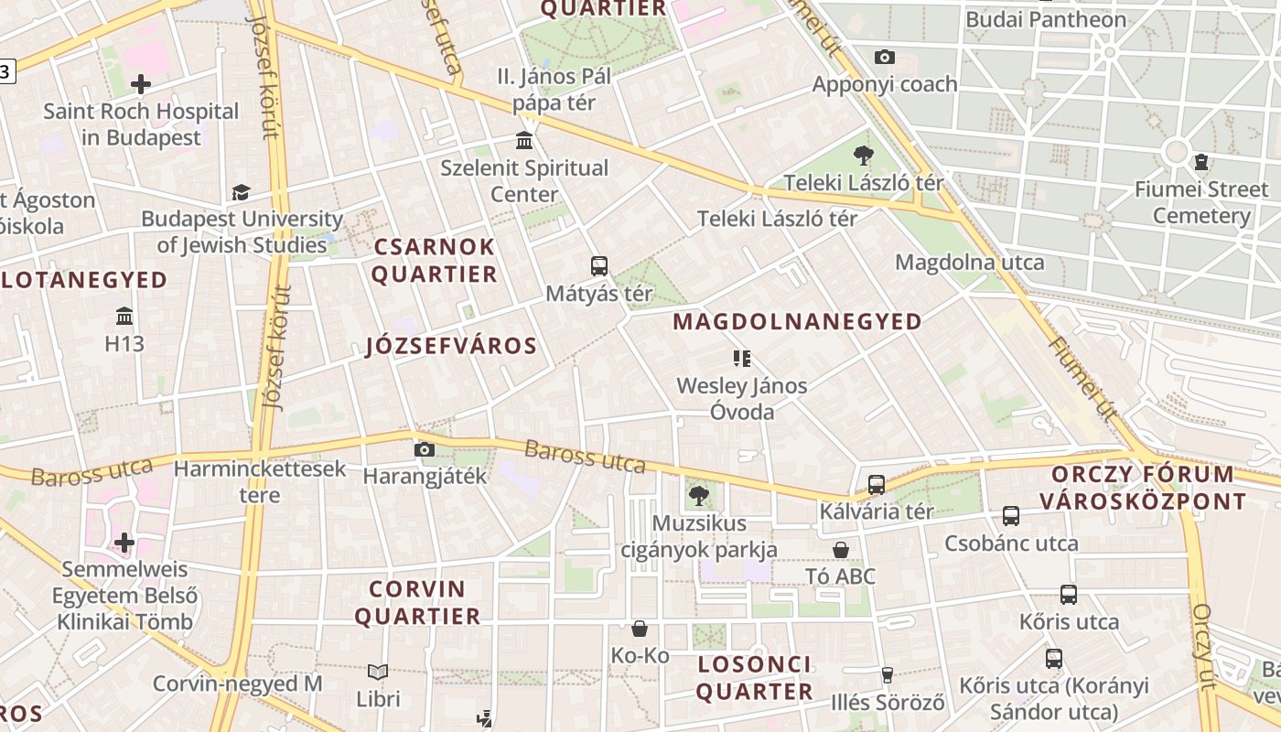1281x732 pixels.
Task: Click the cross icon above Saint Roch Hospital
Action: (x=141, y=84)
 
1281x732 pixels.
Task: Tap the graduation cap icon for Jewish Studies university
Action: (x=241, y=192)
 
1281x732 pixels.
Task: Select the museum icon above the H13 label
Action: (x=124, y=317)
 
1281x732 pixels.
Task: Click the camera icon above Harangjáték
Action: (x=424, y=449)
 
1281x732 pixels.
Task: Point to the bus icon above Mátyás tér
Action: (x=599, y=266)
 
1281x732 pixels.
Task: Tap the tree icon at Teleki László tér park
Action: (x=863, y=155)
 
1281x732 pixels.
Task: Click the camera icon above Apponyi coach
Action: (x=884, y=57)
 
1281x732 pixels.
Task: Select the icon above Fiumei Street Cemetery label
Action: (x=1200, y=163)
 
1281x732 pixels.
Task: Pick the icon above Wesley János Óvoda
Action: (x=741, y=358)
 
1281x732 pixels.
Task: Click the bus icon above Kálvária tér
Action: (x=877, y=485)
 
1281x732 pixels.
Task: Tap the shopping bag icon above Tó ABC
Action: (x=841, y=550)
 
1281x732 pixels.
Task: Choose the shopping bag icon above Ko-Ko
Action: (x=640, y=629)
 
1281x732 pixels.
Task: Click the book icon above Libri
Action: (x=378, y=673)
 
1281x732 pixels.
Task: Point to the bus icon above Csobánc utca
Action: (x=1011, y=516)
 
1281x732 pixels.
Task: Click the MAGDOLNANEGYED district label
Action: (x=797, y=321)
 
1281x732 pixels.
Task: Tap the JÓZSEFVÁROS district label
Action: (x=451, y=346)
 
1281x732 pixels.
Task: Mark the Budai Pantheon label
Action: (x=1046, y=19)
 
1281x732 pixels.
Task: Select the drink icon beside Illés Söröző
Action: (x=887, y=675)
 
